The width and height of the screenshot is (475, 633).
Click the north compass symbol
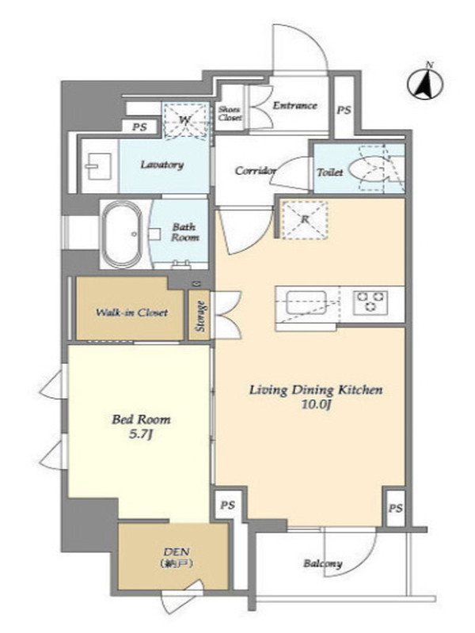[425, 84]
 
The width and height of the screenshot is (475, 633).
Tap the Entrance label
[294, 106]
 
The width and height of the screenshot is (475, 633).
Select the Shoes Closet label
[230, 113]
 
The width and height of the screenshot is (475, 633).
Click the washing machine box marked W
[186, 120]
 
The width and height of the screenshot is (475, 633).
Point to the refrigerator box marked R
[304, 219]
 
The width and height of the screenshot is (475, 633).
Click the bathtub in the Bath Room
[122, 234]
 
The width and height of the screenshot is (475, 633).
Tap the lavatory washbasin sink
[97, 166]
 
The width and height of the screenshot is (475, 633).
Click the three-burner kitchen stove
[370, 302]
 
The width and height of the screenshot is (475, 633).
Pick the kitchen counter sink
[306, 302]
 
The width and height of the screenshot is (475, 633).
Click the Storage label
[200, 316]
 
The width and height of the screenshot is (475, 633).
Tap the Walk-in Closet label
[131, 313]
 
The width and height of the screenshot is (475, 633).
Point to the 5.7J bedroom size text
[141, 434]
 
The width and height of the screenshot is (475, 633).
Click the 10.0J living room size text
[316, 405]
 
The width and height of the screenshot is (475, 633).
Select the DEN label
[177, 552]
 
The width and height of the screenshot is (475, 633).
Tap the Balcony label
[323, 563]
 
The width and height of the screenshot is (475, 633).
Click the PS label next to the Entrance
[344, 110]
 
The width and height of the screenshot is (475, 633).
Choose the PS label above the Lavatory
[140, 127]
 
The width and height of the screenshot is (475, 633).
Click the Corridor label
[256, 171]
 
